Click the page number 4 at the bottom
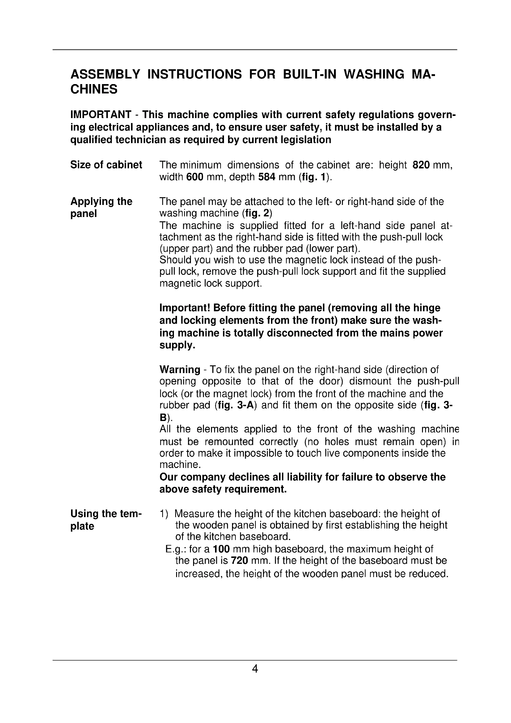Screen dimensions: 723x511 pyautogui.click(x=255, y=669)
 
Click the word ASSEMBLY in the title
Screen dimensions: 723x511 pyautogui.click(x=105, y=74)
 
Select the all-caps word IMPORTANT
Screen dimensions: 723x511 pyautogui.click(x=101, y=115)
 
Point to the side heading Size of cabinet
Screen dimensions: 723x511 pyautogui.click(x=106, y=165)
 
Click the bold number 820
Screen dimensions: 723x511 pyautogui.click(x=421, y=165)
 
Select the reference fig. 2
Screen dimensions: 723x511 pyautogui.click(x=257, y=214)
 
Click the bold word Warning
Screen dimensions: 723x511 pyautogui.click(x=180, y=369)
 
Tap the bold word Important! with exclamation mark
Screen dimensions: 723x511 pyautogui.click(x=185, y=308)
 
